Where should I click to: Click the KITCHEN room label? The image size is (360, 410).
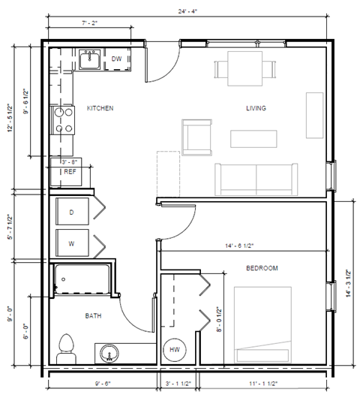[100, 108]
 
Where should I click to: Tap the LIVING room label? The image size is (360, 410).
[256, 108]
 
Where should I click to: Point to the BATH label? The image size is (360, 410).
[93, 315]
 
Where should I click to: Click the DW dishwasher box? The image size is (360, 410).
[116, 59]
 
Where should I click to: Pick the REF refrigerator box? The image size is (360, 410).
[70, 172]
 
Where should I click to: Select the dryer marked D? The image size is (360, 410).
[72, 212]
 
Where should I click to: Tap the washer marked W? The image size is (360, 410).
[72, 243]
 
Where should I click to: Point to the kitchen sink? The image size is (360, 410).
[91, 58]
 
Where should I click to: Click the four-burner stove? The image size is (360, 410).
[61, 119]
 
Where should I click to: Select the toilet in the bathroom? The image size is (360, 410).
[66, 348]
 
